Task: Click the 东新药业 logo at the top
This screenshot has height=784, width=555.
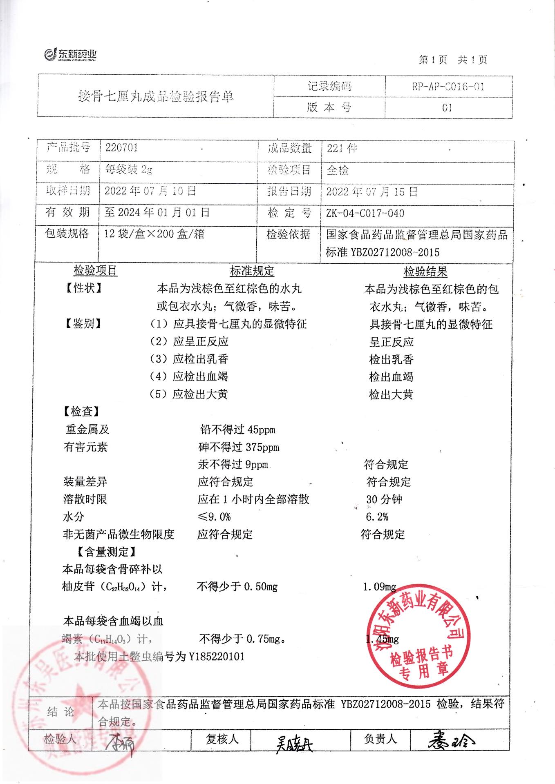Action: click(70, 55)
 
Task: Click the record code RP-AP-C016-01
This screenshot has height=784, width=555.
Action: click(448, 87)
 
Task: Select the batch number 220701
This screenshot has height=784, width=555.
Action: click(121, 147)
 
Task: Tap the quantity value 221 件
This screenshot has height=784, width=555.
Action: click(342, 149)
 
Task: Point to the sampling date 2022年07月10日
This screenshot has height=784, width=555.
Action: click(150, 191)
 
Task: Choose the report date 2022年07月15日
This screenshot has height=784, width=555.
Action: click(371, 192)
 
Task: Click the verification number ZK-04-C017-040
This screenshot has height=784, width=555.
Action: click(365, 213)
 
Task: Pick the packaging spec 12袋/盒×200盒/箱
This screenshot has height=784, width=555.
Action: click(154, 234)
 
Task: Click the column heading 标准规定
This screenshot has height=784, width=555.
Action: click(252, 271)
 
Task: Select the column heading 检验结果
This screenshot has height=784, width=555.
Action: click(425, 272)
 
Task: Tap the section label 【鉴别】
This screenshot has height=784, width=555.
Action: click(83, 324)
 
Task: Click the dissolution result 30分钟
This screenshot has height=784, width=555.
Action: click(384, 499)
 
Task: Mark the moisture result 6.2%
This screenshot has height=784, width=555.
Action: click(377, 517)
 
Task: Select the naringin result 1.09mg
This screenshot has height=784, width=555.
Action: click(379, 587)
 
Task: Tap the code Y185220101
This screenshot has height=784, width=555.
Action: click(216, 657)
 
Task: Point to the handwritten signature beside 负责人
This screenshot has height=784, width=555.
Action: click(452, 739)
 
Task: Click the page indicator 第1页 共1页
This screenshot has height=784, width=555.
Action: click(453, 60)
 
